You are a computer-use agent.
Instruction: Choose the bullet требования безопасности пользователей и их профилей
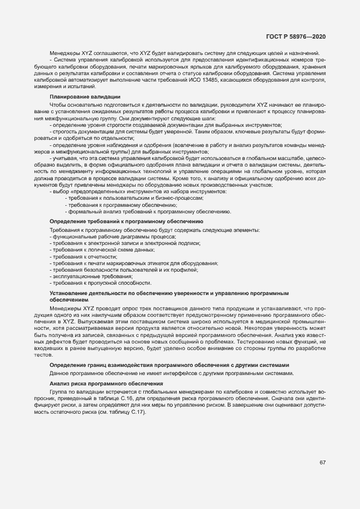tap(125, 269)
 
